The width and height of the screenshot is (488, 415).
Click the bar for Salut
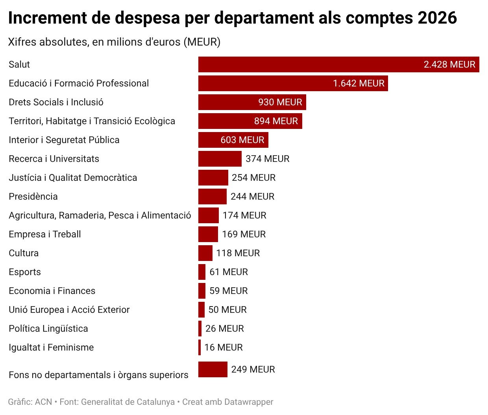[338, 64]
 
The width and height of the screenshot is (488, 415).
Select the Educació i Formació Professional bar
[293, 83]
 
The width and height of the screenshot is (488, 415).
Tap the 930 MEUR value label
[280, 102]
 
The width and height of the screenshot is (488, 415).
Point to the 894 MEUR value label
[276, 121]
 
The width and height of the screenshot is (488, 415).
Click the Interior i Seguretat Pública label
[64, 140]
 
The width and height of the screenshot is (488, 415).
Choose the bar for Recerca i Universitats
[220, 159]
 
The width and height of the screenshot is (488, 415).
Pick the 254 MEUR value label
[253, 178]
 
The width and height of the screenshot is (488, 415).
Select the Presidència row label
[33, 196]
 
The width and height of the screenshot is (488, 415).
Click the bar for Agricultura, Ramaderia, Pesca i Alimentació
[209, 215]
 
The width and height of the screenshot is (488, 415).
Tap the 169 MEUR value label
[244, 234]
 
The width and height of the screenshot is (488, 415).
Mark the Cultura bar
[205, 253]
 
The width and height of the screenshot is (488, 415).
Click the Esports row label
[25, 272]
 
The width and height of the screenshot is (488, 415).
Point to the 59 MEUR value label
[229, 291]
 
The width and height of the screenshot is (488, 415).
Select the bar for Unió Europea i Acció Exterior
[201, 310]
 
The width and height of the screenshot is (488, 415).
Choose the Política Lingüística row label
[48, 329]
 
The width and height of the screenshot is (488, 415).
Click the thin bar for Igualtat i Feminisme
[200, 347]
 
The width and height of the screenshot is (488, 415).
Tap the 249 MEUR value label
[253, 369]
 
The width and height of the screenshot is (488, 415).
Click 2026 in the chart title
[437, 18]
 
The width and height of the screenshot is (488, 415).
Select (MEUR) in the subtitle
[202, 42]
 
